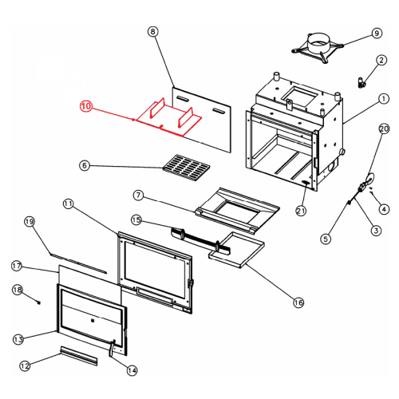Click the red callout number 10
pos(85,106)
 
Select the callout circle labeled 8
pos(152,32)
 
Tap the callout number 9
pos(377,34)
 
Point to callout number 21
pos(301,211)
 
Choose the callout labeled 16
pos(298,302)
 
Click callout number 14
pos(132,370)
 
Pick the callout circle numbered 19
pos(30,222)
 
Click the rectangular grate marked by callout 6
pos(186,168)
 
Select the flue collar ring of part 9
pos(318,42)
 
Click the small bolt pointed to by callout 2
pos(361,81)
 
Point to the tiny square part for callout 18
pos(39,302)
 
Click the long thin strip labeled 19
pos(78,263)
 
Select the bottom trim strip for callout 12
pos(79,356)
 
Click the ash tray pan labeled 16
pos(236,250)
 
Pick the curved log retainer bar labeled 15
pos(200,240)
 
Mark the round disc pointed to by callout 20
pos(370,177)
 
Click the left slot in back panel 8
pos(183,99)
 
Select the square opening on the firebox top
pos(301,96)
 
